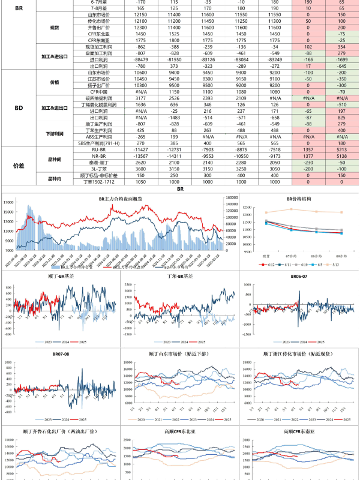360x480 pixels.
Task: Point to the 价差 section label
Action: tap(19, 165)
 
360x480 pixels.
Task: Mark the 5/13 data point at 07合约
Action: tap(292, 209)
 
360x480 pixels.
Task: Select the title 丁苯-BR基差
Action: tap(179, 277)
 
